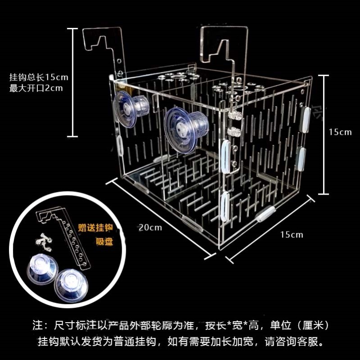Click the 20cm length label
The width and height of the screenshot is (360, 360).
click(150, 227)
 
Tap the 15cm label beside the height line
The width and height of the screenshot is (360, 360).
click(340, 132)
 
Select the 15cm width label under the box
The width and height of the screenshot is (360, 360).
click(291, 234)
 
